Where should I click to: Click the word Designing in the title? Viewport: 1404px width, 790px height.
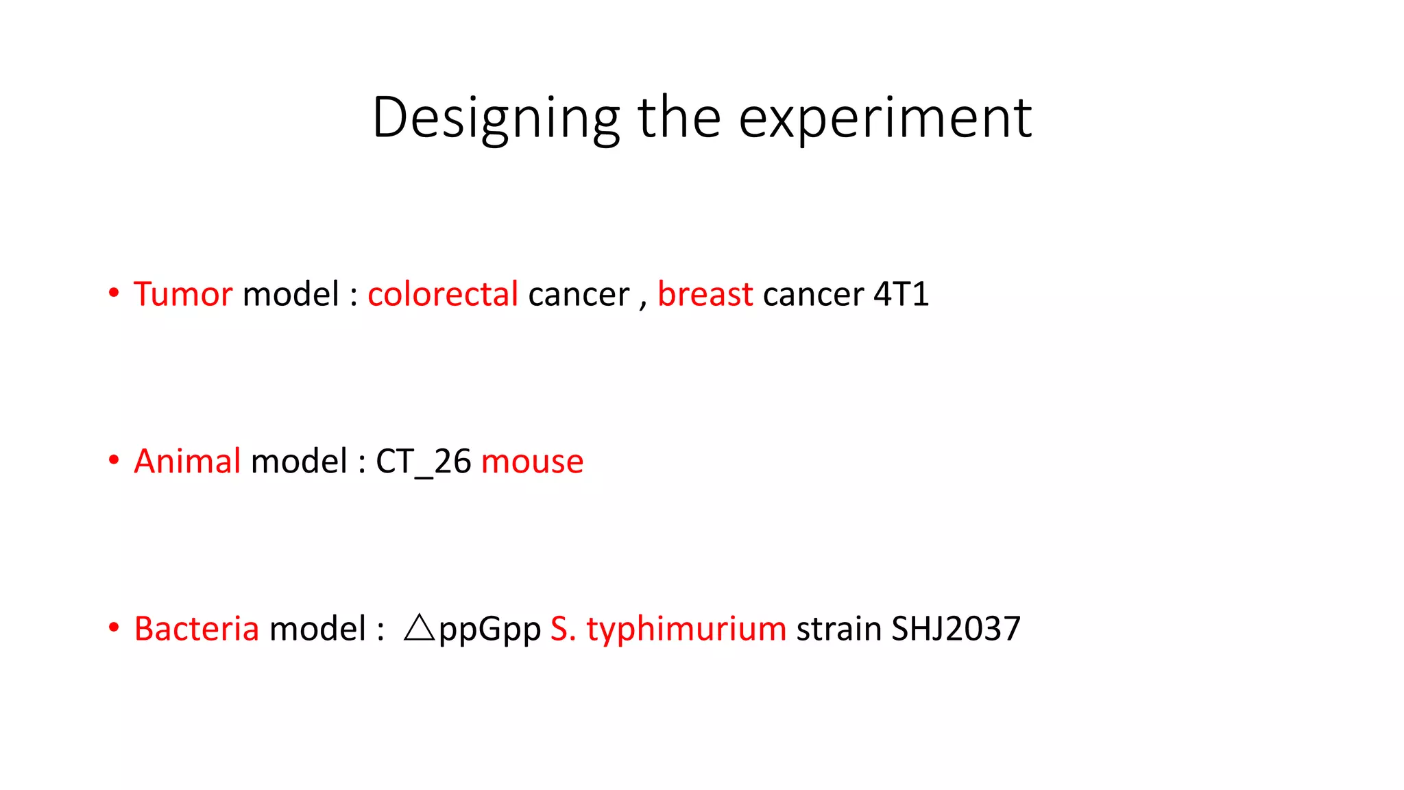pyautogui.click(x=496, y=118)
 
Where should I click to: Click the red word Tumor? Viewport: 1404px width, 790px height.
pyautogui.click(x=183, y=294)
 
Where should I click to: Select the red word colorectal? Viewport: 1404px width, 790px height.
pyautogui.click(x=442, y=294)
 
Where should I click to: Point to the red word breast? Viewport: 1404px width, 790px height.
pyautogui.click(x=705, y=294)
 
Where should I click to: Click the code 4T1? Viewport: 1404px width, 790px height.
pyautogui.click(x=901, y=294)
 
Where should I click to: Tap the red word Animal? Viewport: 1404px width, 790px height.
pyautogui.click(x=187, y=461)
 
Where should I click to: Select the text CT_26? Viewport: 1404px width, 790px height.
pyautogui.click(x=423, y=462)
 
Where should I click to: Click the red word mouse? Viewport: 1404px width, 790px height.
pyautogui.click(x=532, y=462)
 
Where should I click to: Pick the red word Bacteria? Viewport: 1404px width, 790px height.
pyautogui.click(x=197, y=628)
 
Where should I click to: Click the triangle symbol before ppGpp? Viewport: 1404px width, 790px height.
pyautogui.click(x=419, y=627)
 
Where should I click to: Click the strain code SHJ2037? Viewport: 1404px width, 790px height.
pyautogui.click(x=956, y=628)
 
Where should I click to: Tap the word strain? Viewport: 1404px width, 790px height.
pyautogui.click(x=838, y=628)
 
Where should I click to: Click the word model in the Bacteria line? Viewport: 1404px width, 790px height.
pyautogui.click(x=317, y=628)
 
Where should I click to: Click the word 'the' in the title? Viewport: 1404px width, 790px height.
pyautogui.click(x=679, y=118)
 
